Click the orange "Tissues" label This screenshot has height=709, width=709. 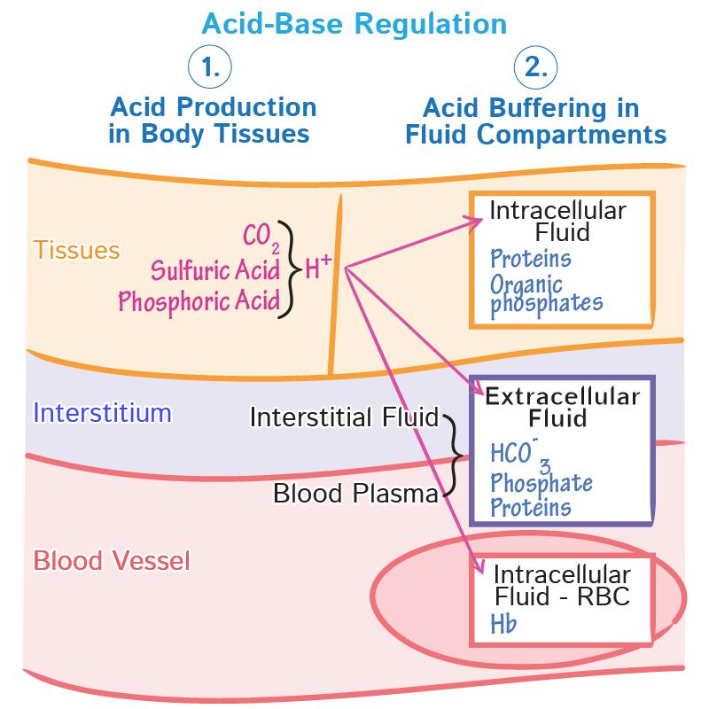coord(76,250)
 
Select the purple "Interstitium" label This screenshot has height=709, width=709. coord(102,412)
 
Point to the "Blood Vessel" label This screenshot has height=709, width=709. coord(112,561)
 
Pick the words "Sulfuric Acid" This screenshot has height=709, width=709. coord(215,269)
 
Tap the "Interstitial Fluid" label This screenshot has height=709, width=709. coord(345,417)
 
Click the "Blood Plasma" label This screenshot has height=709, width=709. coord(355,493)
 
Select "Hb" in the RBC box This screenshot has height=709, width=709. coord(503,624)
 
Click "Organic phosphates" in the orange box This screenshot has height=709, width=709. coord(545,294)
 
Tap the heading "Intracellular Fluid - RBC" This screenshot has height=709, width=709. coord(561,584)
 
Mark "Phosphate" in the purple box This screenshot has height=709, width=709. coord(541,483)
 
